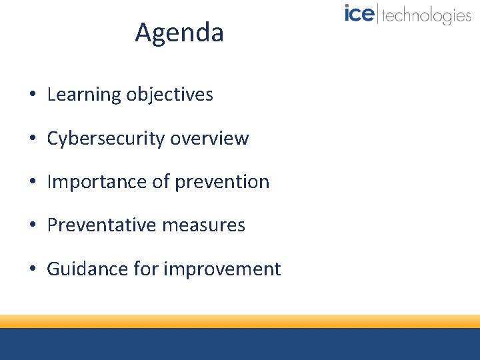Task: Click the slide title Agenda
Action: coord(179,33)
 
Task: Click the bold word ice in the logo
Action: coord(359,14)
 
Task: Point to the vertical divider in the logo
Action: coord(378,14)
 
